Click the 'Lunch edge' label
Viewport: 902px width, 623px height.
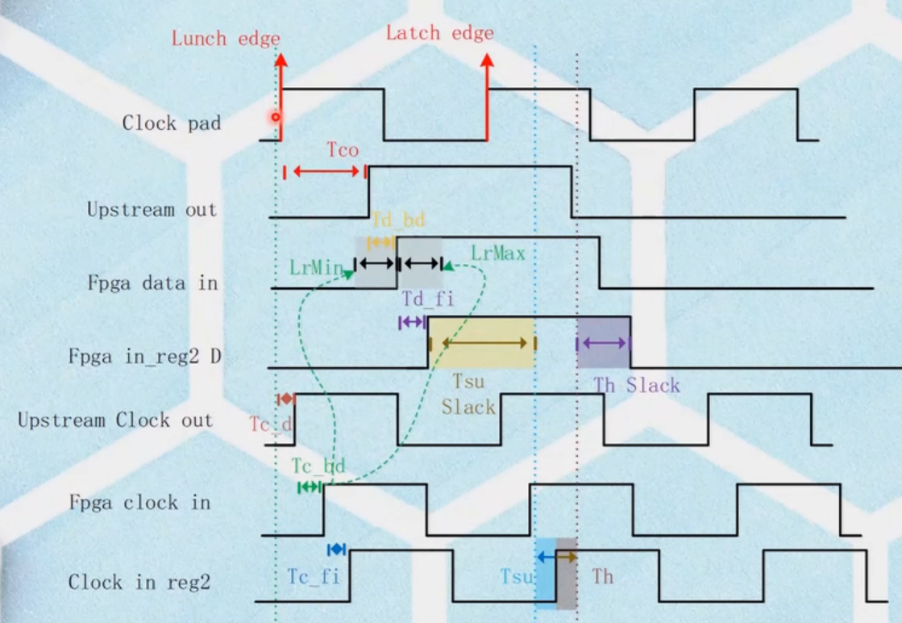pyautogui.click(x=226, y=39)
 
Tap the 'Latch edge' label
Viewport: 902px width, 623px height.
pyautogui.click(x=439, y=33)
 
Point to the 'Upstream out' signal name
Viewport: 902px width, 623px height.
pyautogui.click(x=152, y=210)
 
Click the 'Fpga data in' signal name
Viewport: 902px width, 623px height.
pyautogui.click(x=152, y=283)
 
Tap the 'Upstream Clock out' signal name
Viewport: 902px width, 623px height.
pyautogui.click(x=115, y=420)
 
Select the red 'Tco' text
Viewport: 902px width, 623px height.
pyautogui.click(x=343, y=150)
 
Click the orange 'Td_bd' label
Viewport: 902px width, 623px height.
pyautogui.click(x=398, y=220)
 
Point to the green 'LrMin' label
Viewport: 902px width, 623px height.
pyautogui.click(x=315, y=266)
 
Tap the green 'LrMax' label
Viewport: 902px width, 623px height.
pyautogui.click(x=498, y=253)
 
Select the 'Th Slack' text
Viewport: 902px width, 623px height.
pyautogui.click(x=637, y=386)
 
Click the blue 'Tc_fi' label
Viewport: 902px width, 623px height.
pyautogui.click(x=314, y=576)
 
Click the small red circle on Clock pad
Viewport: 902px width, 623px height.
pyautogui.click(x=276, y=117)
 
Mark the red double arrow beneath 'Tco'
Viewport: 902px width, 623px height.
pyautogui.click(x=326, y=171)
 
